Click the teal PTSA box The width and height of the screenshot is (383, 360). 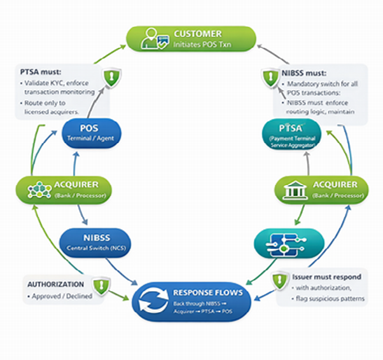(x=289, y=132)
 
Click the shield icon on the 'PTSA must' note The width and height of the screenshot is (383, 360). (x=112, y=79)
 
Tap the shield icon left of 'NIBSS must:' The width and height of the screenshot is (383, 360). (x=269, y=79)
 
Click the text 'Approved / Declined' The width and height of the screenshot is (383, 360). (x=62, y=296)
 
